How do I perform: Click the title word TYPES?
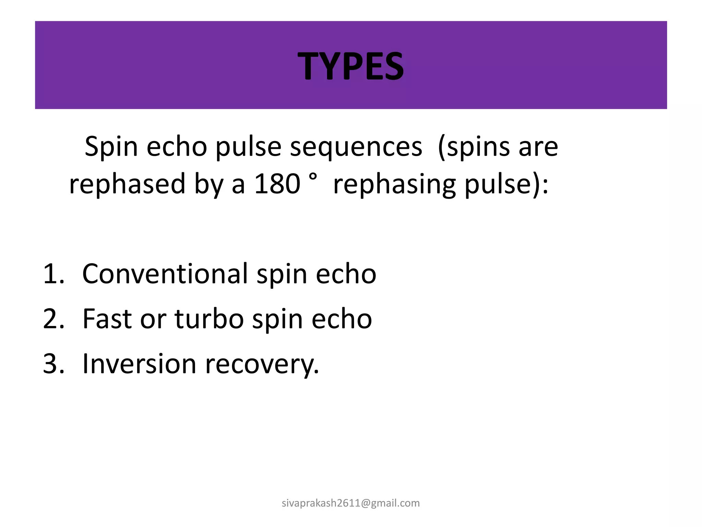pos(351,66)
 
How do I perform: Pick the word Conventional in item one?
pos(165,273)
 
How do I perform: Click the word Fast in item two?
pos(107,318)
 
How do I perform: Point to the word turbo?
pos(209,318)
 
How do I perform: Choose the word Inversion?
pos(139,363)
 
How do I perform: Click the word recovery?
pos(262,364)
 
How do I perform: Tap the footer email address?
pos(351,503)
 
